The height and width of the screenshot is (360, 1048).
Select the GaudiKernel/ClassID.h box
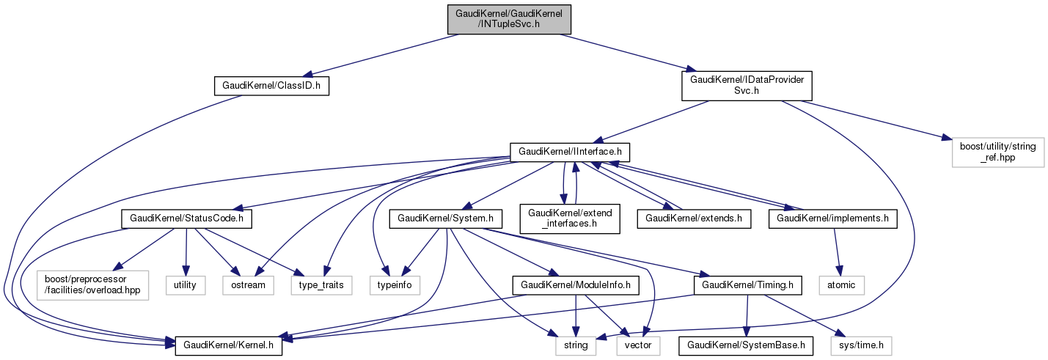271,87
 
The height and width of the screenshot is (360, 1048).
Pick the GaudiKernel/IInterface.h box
571,152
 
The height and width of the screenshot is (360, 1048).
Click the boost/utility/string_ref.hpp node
997,152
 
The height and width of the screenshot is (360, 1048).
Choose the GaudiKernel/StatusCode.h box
191,218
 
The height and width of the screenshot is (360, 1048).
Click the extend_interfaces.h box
569,218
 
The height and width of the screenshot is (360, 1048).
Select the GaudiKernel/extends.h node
694,218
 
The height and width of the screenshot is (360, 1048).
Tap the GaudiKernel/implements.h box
832,218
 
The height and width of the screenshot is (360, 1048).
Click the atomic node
841,284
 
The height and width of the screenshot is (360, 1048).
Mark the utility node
185,284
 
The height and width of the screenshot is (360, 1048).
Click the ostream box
248,284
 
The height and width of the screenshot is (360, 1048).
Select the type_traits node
321,284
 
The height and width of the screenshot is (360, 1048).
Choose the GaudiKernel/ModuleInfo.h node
576,284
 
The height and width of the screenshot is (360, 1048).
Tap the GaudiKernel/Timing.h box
744,284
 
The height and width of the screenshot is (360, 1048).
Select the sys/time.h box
861,344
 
